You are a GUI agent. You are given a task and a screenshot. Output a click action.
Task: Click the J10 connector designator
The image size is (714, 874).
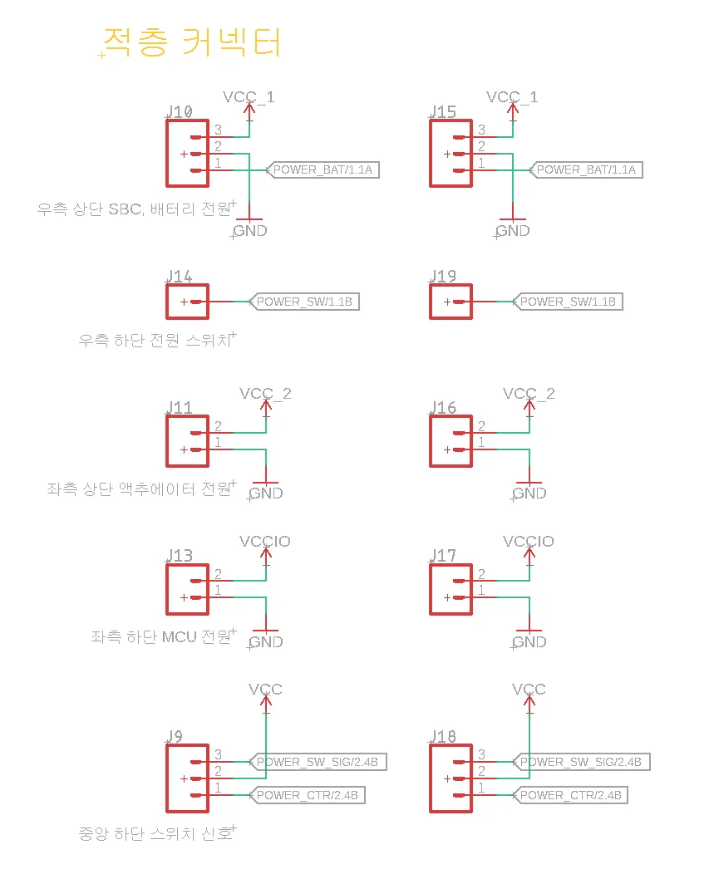pos(180,112)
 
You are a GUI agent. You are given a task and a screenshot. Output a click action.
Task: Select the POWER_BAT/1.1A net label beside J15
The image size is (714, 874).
pos(586,169)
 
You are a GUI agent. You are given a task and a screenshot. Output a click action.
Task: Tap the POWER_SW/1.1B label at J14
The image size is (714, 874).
pos(305,302)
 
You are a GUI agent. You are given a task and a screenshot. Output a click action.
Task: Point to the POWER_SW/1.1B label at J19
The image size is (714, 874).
pos(568,302)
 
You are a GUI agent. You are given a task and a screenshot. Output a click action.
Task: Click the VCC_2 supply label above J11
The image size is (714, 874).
pos(265,393)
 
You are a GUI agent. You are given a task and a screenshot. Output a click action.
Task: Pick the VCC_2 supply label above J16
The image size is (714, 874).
pos(529,393)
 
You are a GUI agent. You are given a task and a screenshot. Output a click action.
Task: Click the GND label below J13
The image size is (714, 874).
pos(266,641)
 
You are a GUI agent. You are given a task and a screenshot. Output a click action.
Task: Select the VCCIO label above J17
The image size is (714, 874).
pos(529,542)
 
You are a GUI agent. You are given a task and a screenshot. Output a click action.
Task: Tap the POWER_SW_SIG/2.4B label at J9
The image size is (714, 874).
pos(318,762)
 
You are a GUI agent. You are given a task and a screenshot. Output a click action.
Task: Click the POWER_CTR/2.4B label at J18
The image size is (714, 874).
pos(570,795)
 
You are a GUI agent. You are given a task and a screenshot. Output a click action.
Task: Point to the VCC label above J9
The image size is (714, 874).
pos(265,690)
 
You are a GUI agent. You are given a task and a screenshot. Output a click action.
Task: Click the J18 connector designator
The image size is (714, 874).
pos(443,737)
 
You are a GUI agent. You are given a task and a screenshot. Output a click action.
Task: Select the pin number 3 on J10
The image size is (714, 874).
pos(218,130)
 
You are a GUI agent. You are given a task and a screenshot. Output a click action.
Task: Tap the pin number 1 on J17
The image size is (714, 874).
pos(481,590)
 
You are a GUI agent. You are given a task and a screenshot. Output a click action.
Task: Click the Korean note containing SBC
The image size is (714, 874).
pos(134,209)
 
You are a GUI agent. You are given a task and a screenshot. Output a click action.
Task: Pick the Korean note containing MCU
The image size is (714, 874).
pos(162,637)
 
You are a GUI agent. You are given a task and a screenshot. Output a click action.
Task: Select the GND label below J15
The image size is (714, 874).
pos(513,231)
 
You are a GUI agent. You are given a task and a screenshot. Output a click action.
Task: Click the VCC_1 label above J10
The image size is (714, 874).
pos(249,97)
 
